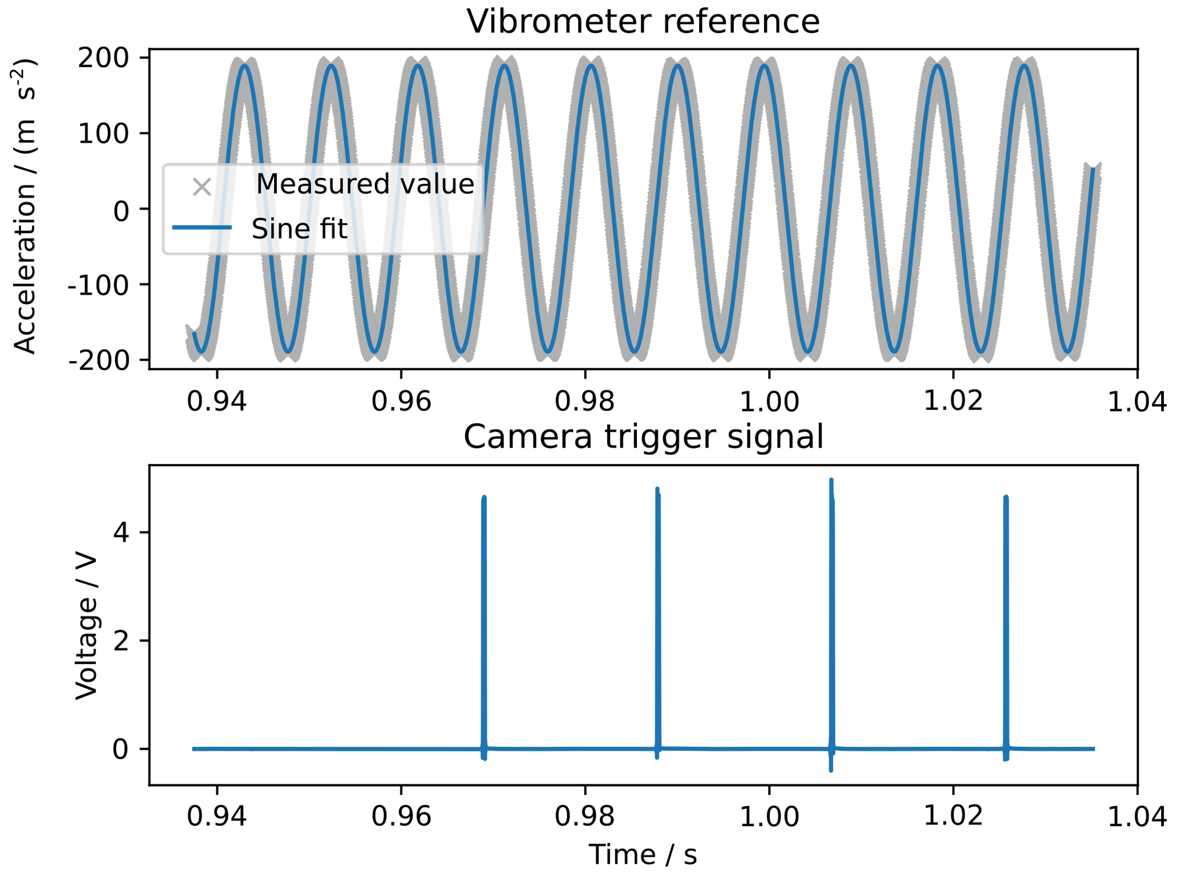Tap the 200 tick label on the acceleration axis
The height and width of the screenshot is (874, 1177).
click(x=111, y=58)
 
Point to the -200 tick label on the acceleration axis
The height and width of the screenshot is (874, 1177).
click(x=107, y=361)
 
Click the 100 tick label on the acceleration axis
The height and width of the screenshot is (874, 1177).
click(x=111, y=134)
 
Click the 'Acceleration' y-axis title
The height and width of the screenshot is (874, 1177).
click(x=26, y=206)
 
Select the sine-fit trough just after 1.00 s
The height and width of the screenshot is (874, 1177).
click(x=809, y=351)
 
